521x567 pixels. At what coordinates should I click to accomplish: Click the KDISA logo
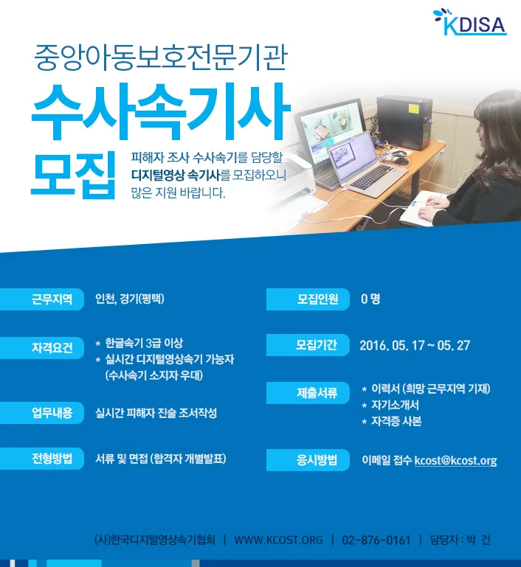coord(469,23)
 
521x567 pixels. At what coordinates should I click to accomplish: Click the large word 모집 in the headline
coord(74,175)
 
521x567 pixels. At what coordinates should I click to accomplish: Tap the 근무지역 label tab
coord(42,299)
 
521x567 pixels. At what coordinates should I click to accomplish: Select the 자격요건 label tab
coord(42,347)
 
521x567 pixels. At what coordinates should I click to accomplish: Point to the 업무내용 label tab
coord(42,413)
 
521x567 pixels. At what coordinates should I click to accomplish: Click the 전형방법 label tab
coord(42,459)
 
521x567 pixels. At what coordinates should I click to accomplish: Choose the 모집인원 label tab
coord(308,299)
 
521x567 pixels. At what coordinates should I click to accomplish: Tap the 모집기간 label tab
coord(308,345)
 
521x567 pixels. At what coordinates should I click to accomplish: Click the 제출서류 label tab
coord(308,393)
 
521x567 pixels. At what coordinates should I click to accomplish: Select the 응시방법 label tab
coord(308,460)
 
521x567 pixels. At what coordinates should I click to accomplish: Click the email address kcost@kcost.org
coord(455,460)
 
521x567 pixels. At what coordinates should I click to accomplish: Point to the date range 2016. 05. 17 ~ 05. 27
coord(415,345)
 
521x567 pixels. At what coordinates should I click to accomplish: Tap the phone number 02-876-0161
coord(376,540)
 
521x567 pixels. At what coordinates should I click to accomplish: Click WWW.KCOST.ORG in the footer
coord(278,540)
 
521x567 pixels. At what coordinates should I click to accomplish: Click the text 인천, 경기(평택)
coord(130,299)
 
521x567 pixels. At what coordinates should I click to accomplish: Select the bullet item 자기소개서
coord(395,405)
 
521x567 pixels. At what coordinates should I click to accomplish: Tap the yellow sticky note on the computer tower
coord(413,108)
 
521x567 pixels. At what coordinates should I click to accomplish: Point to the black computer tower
coord(404,122)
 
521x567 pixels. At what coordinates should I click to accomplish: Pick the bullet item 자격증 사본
coord(396,421)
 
